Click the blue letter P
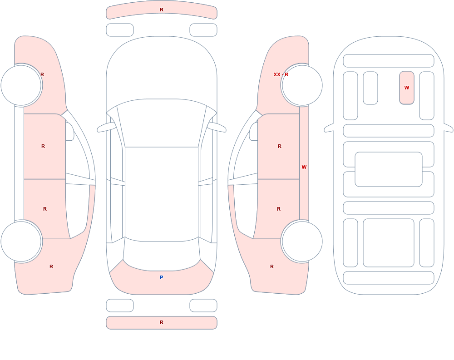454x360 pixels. pos(162,277)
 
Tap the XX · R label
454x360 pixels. pos(281,74)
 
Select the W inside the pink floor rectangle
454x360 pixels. pos(406,88)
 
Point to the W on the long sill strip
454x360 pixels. pos(304,167)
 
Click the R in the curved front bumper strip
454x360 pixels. pos(162,10)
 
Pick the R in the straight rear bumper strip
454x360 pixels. pos(162,322)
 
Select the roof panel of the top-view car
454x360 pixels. pos(162,194)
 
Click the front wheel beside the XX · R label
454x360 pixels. pos(302,85)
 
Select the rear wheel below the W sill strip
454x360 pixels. pos(302,242)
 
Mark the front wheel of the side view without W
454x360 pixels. pos(21,85)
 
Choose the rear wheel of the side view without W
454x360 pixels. pos(21,242)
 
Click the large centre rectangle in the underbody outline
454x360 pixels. pos(389,169)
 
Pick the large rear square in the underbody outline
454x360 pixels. pos(389,243)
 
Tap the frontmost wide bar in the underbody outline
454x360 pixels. pos(389,61)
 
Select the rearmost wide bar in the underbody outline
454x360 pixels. pos(389,278)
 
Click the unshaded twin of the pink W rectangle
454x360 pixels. pos(370,88)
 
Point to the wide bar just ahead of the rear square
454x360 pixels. pos(389,208)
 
